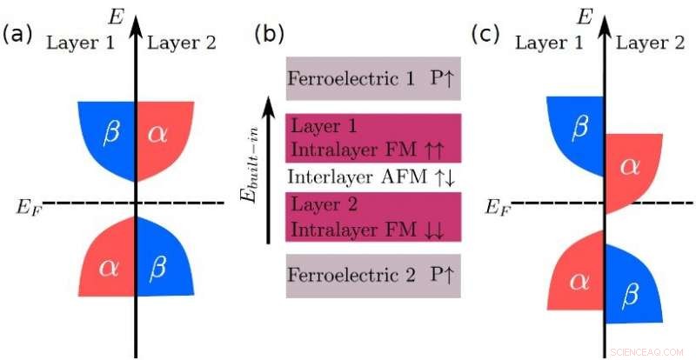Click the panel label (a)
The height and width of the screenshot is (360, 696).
click(18, 34)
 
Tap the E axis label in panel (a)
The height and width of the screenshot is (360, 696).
click(113, 15)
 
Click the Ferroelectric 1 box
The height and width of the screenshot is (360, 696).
click(373, 80)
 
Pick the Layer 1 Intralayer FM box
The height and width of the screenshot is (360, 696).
click(373, 137)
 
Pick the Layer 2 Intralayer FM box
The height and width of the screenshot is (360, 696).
click(373, 217)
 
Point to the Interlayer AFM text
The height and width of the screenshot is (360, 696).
click(373, 177)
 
